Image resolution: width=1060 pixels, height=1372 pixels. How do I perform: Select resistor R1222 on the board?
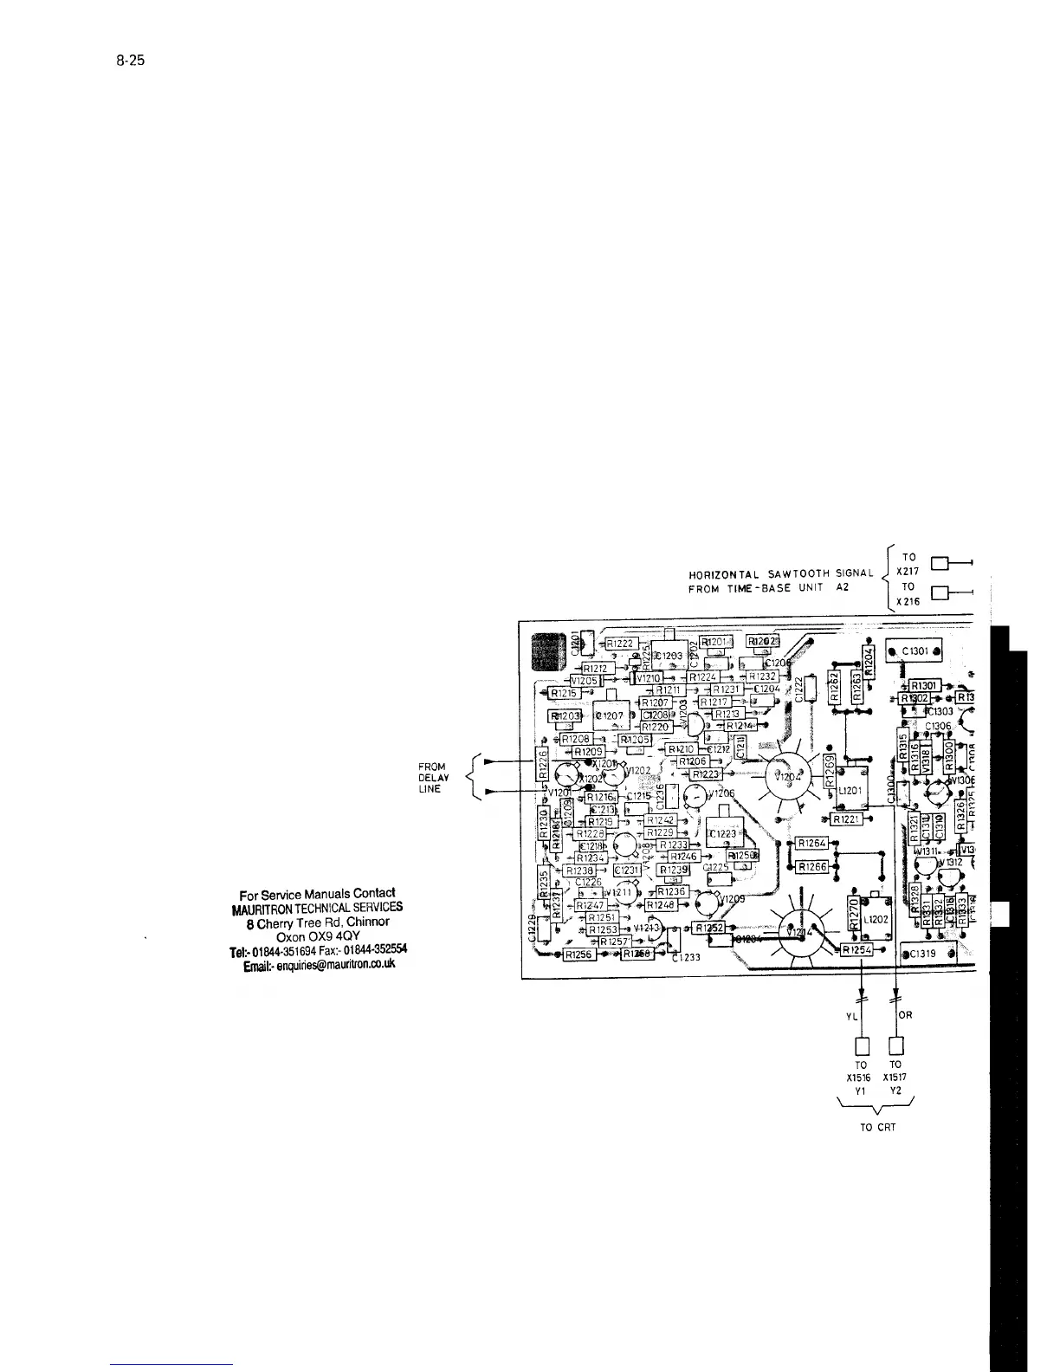click(620, 644)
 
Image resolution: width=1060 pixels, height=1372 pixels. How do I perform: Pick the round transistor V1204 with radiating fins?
click(787, 777)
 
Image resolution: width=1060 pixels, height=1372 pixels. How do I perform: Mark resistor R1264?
click(813, 844)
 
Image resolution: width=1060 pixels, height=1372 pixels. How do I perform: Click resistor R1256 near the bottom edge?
click(577, 955)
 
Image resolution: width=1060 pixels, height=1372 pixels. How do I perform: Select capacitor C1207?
click(610, 716)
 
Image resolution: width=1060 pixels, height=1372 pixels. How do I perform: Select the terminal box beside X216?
click(938, 593)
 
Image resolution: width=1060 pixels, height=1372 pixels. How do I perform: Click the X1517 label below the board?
click(895, 1078)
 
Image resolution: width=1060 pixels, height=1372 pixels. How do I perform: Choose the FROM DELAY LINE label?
click(433, 778)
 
